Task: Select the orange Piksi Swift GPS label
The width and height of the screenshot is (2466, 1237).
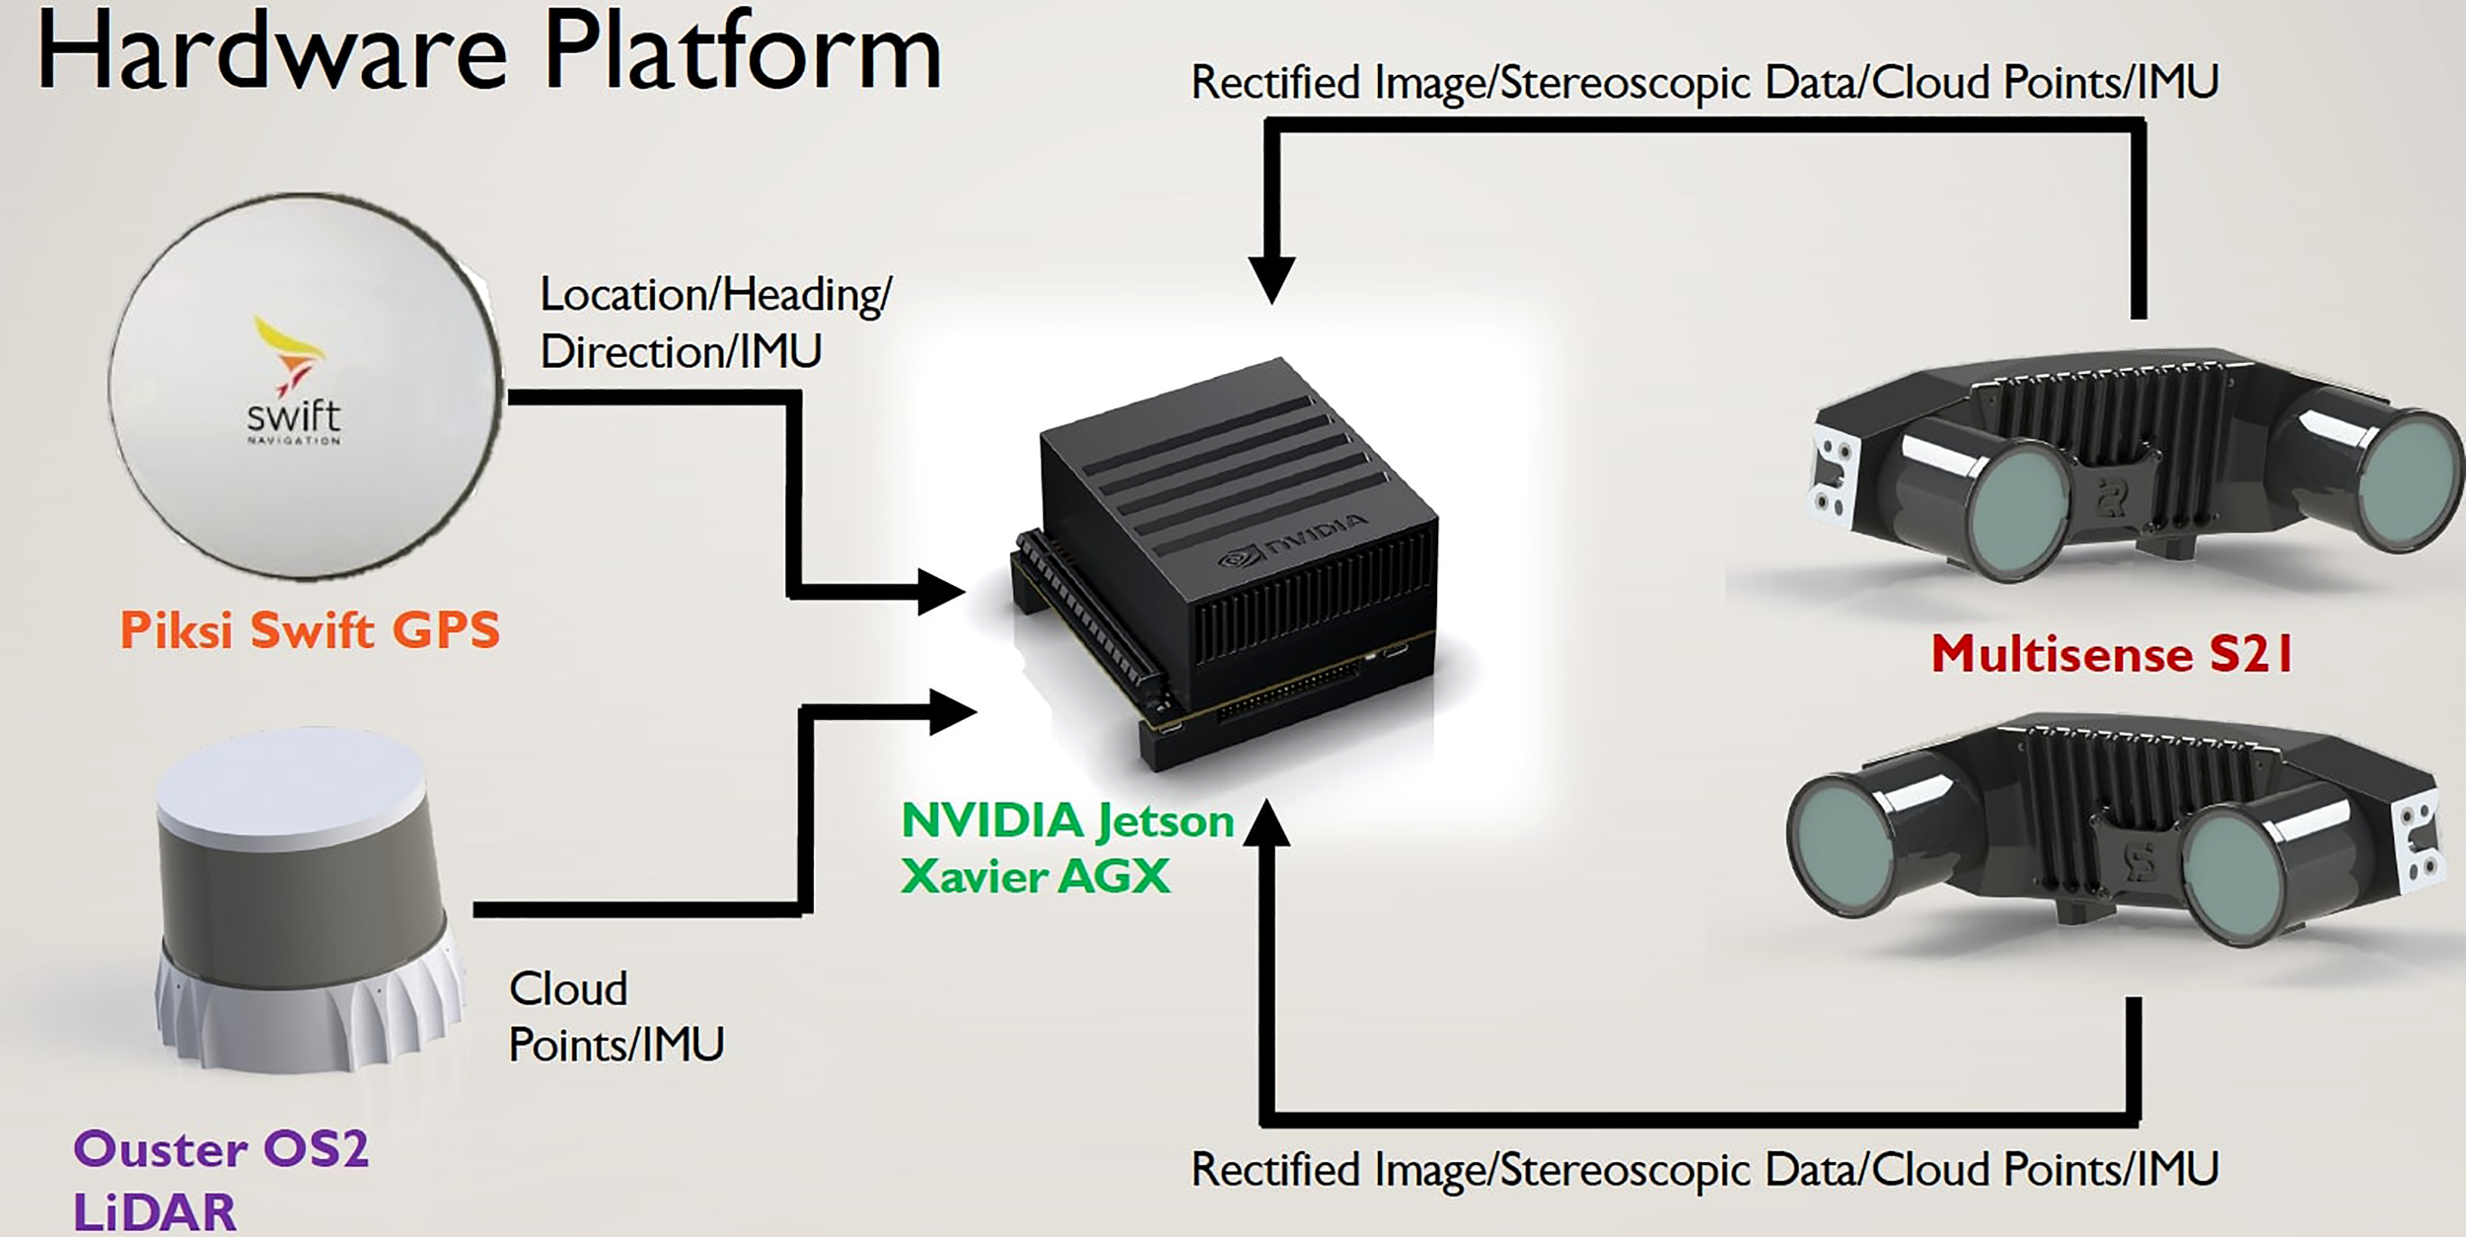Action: pos(310,630)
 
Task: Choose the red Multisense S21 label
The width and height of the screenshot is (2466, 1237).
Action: pos(2112,654)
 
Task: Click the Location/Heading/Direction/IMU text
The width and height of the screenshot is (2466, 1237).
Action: pos(715,323)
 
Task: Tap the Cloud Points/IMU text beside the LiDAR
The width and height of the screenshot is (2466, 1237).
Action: pos(616,1017)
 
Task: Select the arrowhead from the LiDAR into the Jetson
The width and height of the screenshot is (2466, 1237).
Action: pos(951,712)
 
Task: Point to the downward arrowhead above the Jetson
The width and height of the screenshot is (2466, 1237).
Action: pos(1271,278)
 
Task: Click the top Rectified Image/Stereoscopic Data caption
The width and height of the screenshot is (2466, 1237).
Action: pos(1704,83)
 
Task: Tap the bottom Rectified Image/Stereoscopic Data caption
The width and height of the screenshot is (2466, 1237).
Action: pos(1704,1170)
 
